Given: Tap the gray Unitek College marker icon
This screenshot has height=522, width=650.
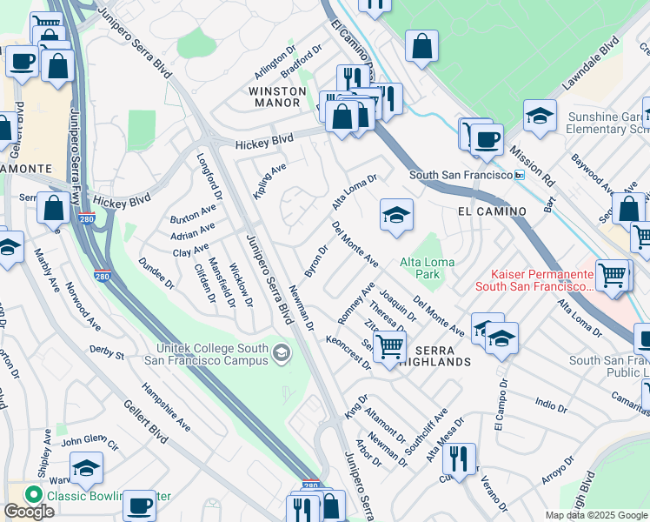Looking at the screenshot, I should pyautogui.click(x=282, y=353).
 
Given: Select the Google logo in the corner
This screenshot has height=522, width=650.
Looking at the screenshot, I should pyautogui.click(x=29, y=512).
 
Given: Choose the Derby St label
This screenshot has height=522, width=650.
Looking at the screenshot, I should pyautogui.click(x=108, y=351).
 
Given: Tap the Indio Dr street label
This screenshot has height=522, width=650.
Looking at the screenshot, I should pyautogui.click(x=551, y=405).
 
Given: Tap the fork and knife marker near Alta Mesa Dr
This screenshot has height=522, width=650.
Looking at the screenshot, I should pyautogui.click(x=459, y=457).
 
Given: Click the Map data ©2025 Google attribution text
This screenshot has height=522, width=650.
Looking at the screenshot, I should pyautogui.click(x=595, y=515).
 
